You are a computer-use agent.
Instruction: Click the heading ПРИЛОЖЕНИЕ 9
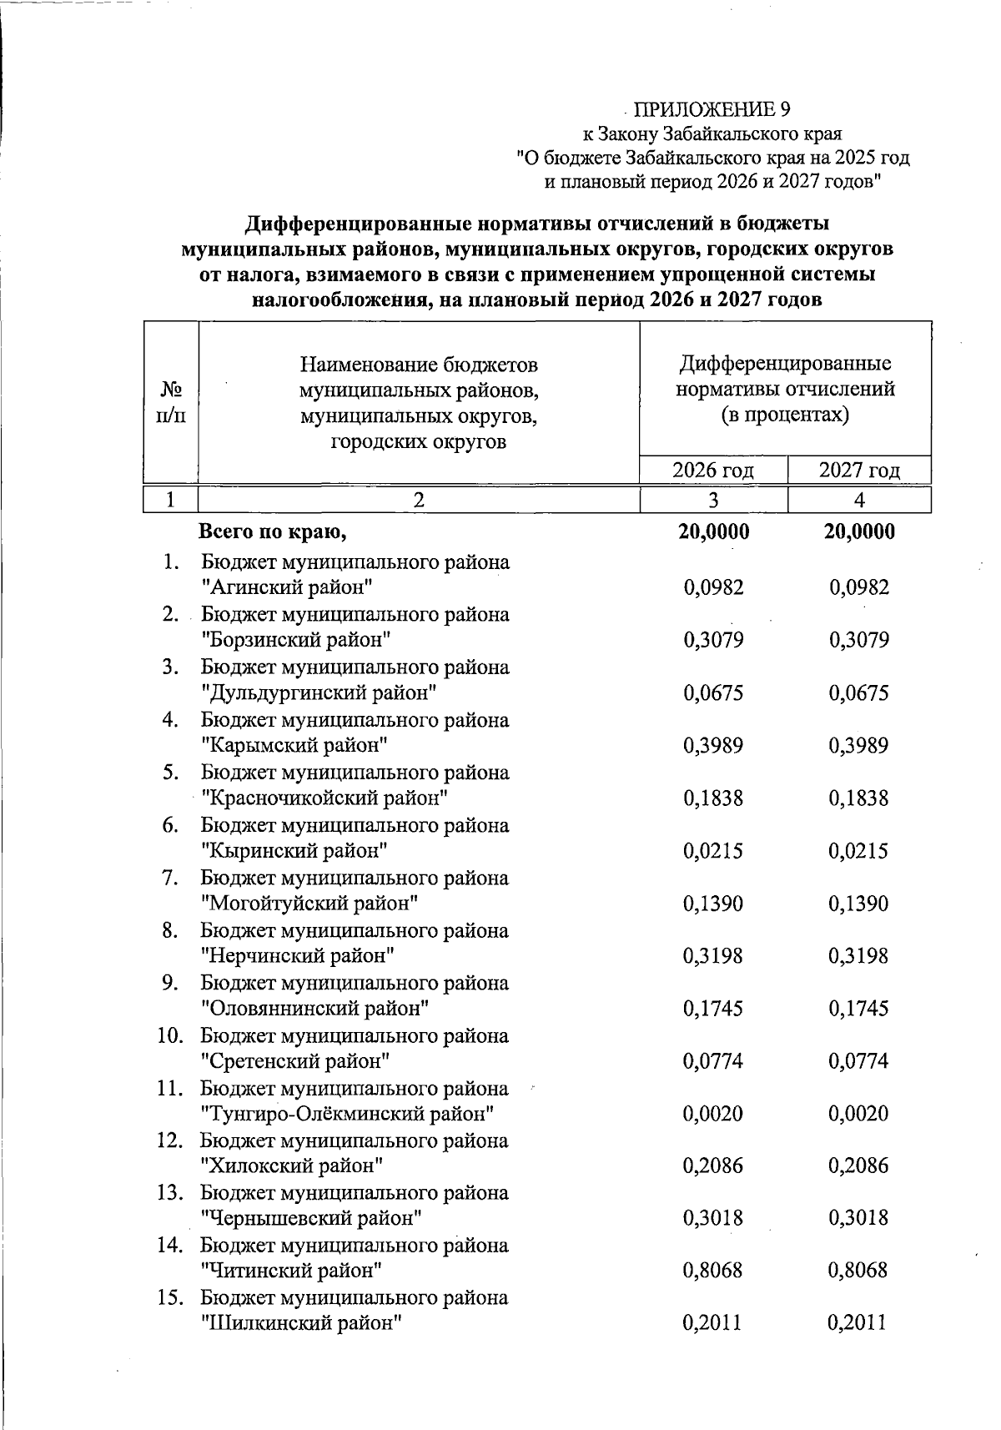(x=712, y=109)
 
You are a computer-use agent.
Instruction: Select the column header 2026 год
(x=713, y=470)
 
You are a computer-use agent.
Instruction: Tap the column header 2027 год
(x=859, y=470)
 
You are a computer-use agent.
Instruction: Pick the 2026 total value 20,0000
(x=713, y=532)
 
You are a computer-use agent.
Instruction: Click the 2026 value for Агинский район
(x=713, y=587)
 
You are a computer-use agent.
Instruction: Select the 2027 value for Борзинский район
(x=859, y=641)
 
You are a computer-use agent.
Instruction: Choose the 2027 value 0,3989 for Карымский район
(x=859, y=746)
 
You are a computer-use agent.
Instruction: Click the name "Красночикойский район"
(x=325, y=798)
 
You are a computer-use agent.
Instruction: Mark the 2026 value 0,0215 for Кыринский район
(x=713, y=851)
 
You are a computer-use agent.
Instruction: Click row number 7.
(x=171, y=878)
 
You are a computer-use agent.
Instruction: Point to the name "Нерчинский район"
(x=298, y=956)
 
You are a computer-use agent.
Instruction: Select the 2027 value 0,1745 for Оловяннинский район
(x=859, y=1009)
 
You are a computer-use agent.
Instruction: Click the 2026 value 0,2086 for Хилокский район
(x=713, y=1166)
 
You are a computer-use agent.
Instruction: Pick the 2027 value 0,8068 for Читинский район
(x=859, y=1271)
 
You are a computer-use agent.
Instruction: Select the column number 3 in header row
(x=713, y=499)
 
